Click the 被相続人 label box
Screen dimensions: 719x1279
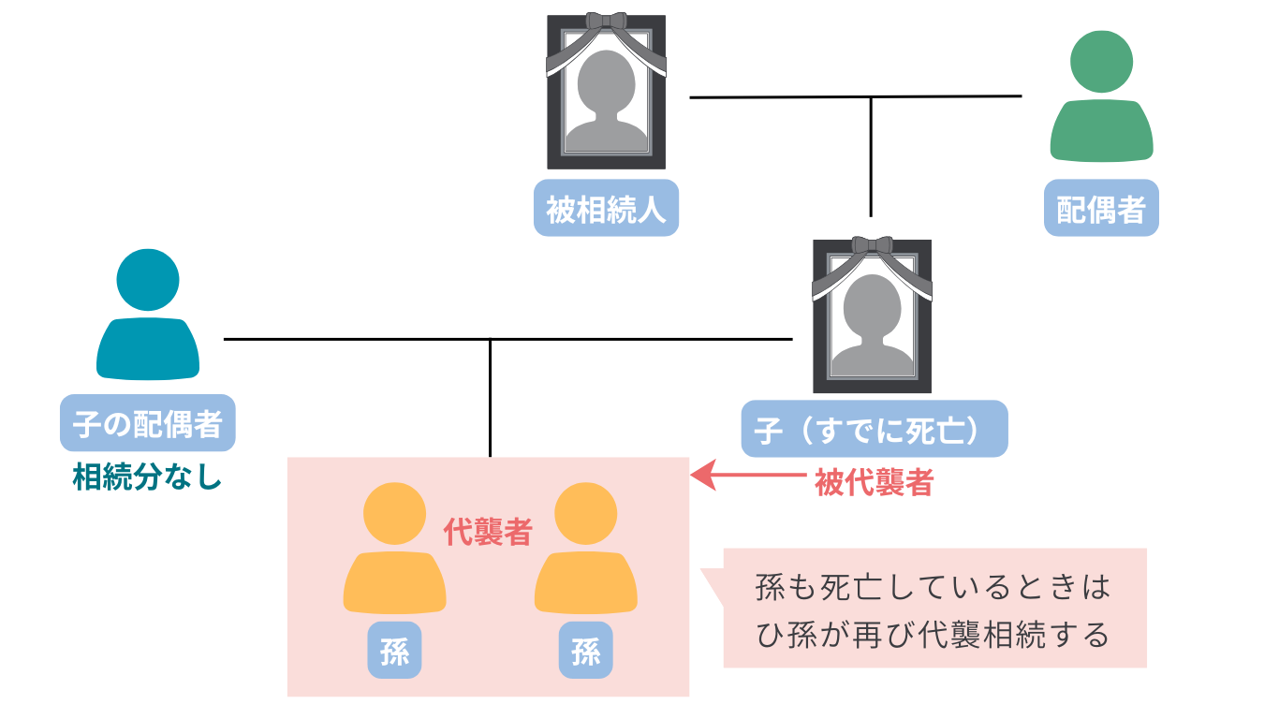pos(606,208)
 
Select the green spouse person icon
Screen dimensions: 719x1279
pos(1101,98)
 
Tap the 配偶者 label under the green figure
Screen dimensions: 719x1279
pos(1101,208)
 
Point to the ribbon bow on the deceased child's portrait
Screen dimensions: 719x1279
pos(872,245)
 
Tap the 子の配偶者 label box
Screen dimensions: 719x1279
pos(148,423)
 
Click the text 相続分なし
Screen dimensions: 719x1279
pos(148,478)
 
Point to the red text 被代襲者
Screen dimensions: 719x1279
pos(873,482)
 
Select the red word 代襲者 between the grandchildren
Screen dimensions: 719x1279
pos(488,533)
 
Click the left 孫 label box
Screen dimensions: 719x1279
pos(395,650)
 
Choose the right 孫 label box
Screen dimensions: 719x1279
pos(586,650)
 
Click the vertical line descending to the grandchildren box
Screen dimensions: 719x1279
pos(490,398)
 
